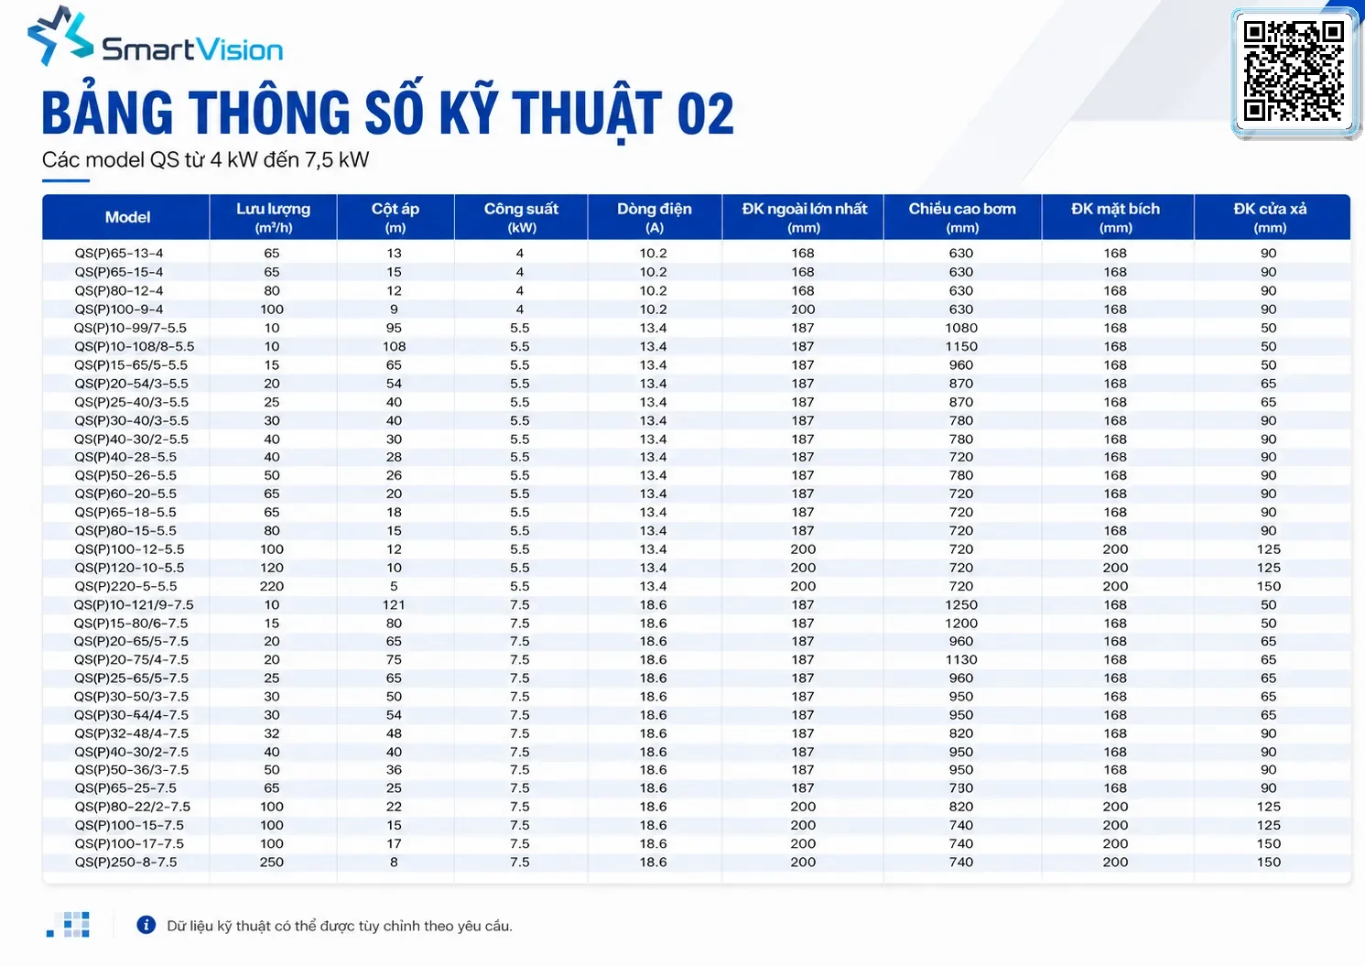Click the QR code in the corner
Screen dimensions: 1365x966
coord(1294,71)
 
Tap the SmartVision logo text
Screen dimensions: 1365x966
coord(192,49)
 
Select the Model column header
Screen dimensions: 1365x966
coord(127,217)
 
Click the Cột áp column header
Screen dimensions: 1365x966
coord(395,218)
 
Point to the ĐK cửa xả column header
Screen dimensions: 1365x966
coord(1270,218)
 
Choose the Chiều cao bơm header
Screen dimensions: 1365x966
coord(962,218)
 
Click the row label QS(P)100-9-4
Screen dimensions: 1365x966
coord(119,309)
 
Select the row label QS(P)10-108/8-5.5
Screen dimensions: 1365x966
coord(134,346)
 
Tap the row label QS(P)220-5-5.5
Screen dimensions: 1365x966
coord(125,586)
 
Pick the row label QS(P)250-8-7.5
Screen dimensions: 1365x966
coord(125,862)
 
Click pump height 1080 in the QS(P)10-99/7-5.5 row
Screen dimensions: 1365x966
coord(961,328)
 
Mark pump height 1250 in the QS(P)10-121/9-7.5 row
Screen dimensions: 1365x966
coord(961,604)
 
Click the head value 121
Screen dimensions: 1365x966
coord(394,604)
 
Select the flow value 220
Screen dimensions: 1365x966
coord(272,586)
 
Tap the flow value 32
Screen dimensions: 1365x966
coord(272,733)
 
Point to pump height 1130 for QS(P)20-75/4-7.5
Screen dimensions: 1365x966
coord(961,659)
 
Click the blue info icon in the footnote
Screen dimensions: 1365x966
coord(146,925)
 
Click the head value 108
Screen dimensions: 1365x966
coord(394,346)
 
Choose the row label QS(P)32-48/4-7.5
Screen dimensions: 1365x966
coord(131,733)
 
